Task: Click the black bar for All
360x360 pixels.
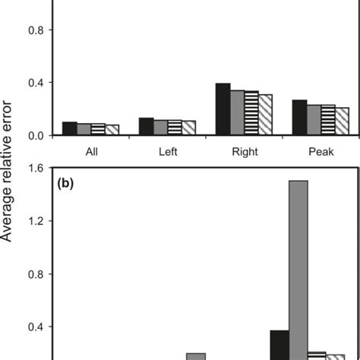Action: tap(69, 128)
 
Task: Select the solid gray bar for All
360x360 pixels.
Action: tap(84, 129)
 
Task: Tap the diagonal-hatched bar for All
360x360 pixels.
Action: tap(112, 130)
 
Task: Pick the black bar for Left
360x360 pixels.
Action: tap(146, 127)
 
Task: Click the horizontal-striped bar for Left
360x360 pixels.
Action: tap(175, 128)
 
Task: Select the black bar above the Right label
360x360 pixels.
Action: tap(223, 109)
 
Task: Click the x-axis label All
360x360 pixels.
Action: tap(91, 152)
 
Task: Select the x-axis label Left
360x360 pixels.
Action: tap(168, 152)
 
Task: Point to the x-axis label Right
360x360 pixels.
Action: tap(244, 152)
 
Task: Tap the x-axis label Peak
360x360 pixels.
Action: tap(321, 152)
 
